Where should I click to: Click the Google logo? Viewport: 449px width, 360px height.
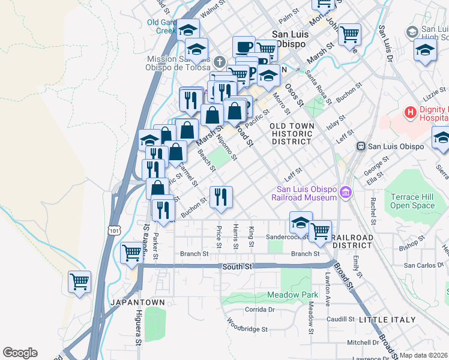click(x=20, y=353)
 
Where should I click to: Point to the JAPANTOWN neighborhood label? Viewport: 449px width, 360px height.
click(x=137, y=302)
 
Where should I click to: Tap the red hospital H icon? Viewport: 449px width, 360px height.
click(x=411, y=112)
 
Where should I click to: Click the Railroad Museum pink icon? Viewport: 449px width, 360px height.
click(x=345, y=192)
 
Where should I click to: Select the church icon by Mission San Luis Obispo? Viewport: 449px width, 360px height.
click(x=220, y=61)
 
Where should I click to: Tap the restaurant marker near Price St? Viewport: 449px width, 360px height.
click(x=221, y=197)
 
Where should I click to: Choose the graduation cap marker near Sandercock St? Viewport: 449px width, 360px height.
click(x=301, y=223)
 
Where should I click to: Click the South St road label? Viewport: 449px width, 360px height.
click(x=237, y=266)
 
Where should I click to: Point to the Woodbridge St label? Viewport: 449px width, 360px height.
click(x=247, y=329)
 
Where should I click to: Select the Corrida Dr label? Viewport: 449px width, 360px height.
click(x=259, y=310)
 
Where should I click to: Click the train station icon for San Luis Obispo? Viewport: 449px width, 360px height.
click(x=361, y=146)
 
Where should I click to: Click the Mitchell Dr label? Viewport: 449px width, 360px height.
click(x=363, y=343)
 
